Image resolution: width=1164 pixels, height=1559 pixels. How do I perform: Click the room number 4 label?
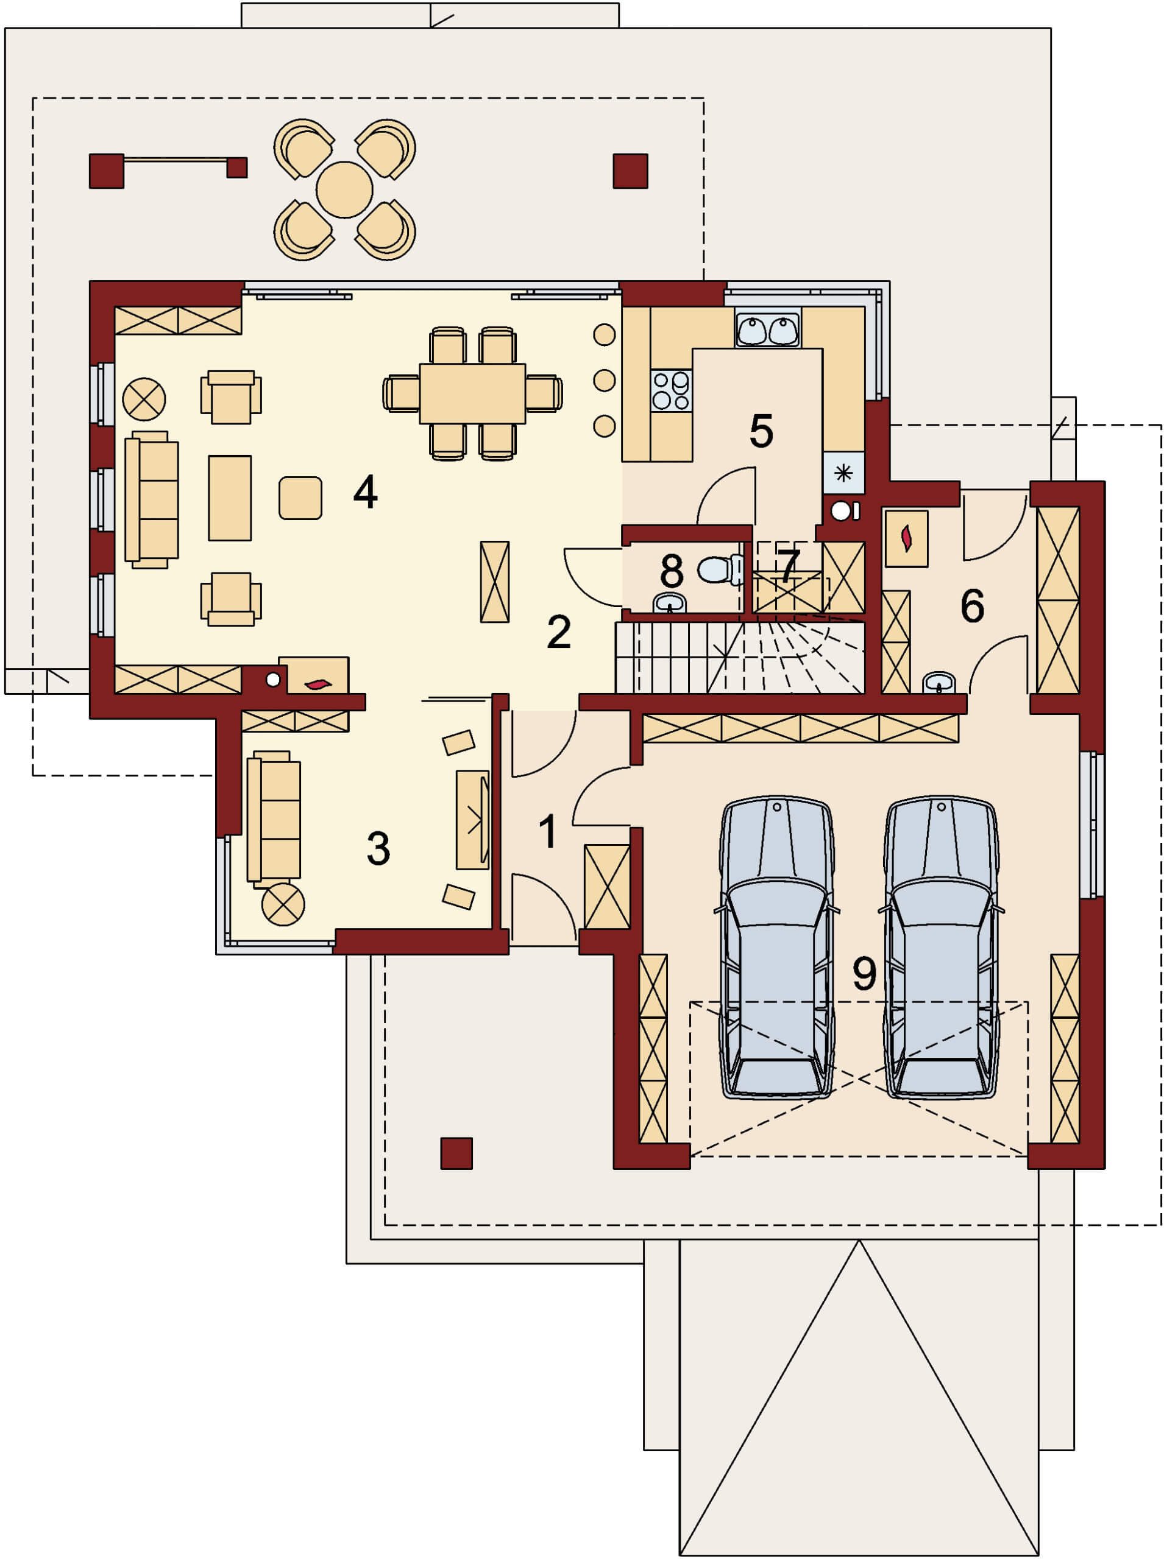365,491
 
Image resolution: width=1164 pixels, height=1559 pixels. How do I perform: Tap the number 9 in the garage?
865,974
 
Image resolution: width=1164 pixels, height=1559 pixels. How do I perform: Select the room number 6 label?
973,605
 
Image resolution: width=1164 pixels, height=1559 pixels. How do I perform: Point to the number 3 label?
378,848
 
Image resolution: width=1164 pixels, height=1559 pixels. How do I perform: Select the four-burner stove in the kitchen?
671,391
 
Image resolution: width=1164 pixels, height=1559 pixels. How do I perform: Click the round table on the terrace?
344,189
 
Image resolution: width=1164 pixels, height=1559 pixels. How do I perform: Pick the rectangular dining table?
472,393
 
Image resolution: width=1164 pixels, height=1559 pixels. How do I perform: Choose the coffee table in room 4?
230,498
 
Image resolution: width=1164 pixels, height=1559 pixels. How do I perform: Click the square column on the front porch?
456,1153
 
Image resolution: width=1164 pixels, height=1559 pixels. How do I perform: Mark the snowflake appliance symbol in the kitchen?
843,473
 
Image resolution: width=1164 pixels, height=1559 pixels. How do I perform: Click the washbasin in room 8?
669,604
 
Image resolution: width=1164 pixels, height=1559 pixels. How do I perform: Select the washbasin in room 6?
939,682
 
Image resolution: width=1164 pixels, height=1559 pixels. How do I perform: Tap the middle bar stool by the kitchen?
605,380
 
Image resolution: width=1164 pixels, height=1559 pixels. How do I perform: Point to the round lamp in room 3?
283,904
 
